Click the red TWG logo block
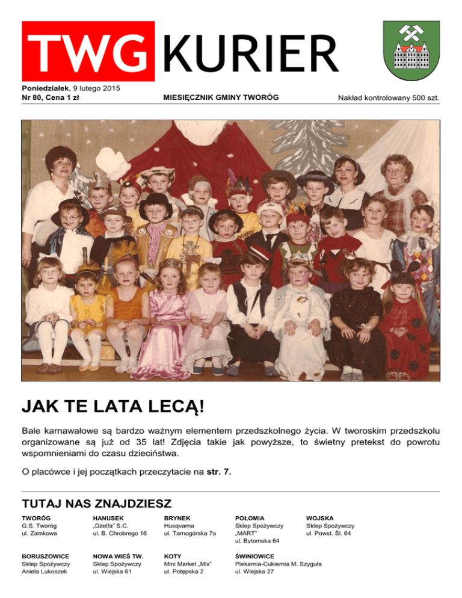point(88,51)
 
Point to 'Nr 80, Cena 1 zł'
point(51,97)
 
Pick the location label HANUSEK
point(108,518)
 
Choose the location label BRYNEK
point(177,518)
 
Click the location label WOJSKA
point(321,518)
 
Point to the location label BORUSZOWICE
point(45,556)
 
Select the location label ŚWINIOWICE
point(255,556)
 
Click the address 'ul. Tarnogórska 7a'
point(189,534)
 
